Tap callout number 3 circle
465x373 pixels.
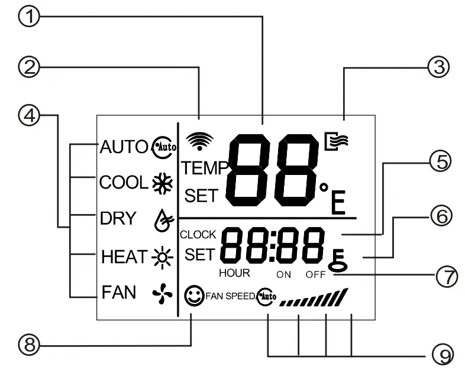pos(437,67)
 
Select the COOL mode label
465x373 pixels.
pos(122,182)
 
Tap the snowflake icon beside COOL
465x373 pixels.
pos(159,182)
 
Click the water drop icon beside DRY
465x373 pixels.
pos(160,220)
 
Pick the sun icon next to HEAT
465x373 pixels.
pos(160,257)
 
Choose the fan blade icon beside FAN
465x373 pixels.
pos(160,291)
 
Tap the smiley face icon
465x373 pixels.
pos(193,295)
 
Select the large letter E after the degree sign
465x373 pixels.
pos(338,203)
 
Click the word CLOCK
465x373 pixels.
pos(198,235)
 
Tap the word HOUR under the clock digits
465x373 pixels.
pos(234,273)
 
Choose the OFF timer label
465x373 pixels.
pos(315,275)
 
